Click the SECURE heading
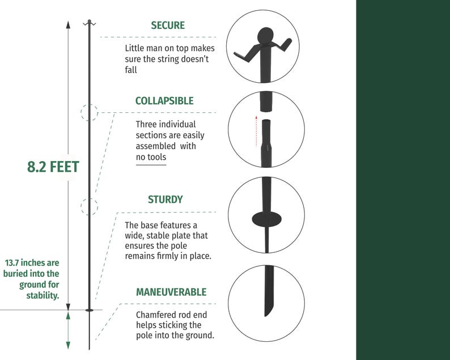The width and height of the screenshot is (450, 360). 168,26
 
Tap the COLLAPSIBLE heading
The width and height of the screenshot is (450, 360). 164,101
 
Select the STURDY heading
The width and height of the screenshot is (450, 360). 165,200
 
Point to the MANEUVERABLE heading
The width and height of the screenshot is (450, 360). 171,292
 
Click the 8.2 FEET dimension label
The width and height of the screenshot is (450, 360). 53,167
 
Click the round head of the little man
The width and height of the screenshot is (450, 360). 266,36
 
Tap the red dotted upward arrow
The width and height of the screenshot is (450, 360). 256,131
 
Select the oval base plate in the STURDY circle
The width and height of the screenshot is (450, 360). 266,219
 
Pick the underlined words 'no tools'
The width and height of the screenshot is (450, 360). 151,157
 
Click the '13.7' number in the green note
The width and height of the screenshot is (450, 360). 12,262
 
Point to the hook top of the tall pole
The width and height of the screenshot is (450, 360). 89,23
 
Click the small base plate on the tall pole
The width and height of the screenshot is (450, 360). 89,310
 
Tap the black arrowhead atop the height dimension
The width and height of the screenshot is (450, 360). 68,25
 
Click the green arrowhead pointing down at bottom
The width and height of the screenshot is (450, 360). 68,345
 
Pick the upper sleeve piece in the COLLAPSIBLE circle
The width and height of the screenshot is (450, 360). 266,101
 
